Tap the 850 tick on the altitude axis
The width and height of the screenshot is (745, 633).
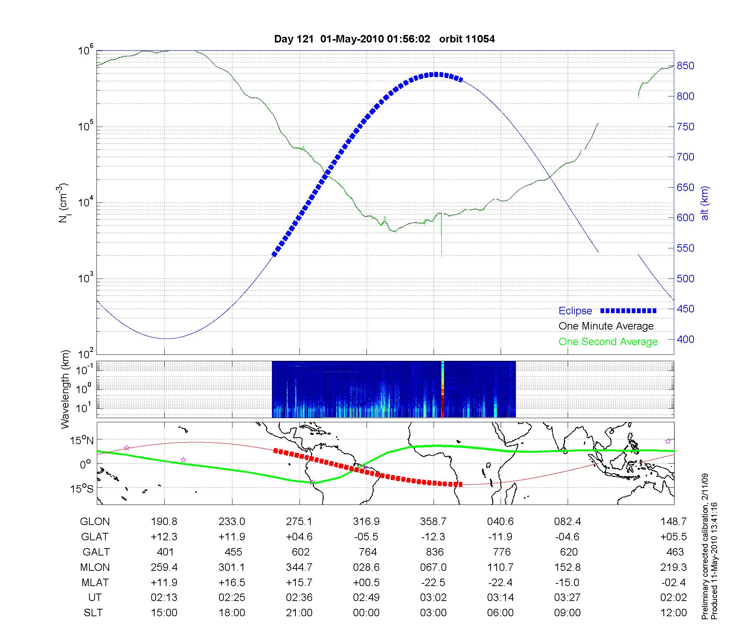686,66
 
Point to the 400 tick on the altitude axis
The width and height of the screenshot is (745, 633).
686,339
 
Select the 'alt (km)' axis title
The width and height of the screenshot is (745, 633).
705,203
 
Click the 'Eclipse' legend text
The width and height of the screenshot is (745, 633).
575,311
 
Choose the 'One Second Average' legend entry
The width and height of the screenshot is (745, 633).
608,342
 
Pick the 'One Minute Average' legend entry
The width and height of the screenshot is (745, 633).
606,326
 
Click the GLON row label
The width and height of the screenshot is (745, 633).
95,522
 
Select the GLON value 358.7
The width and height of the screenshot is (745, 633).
433,522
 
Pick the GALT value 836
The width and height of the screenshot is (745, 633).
435,552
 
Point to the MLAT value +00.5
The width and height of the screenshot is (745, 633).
367,582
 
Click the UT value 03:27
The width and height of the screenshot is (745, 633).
567,598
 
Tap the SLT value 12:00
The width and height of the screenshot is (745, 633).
673,613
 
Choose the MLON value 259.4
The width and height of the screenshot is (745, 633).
164,567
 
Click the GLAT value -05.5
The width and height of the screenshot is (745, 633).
367,537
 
